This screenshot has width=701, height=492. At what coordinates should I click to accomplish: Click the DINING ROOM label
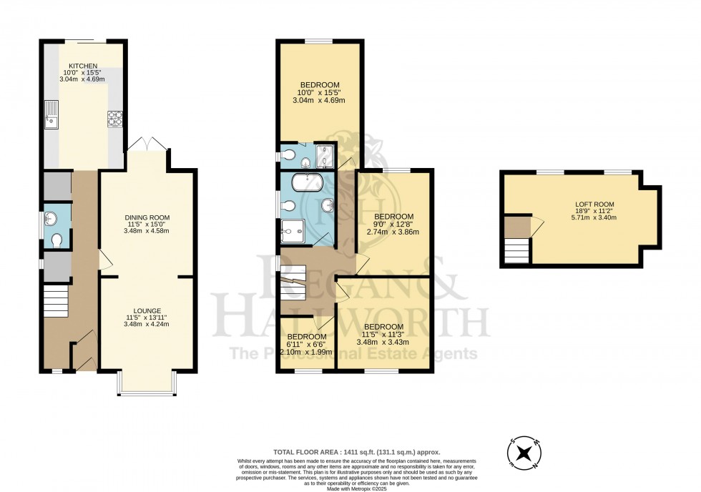147,217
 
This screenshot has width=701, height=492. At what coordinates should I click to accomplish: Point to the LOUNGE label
147,310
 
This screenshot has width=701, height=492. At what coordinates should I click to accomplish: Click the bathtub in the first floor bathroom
308,182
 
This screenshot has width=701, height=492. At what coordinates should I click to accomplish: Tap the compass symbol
525,453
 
